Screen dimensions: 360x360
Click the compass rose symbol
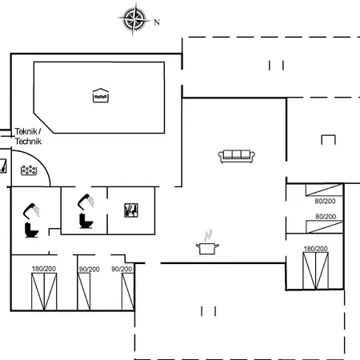134,19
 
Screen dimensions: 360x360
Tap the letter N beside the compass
157,22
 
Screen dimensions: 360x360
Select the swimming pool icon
101,95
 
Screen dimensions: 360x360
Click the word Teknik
26,131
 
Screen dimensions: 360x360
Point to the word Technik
28,141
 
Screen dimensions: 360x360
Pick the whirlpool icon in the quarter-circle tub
29,170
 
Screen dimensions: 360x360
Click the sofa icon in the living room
237,156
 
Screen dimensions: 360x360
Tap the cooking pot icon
207,248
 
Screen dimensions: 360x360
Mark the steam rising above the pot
208,235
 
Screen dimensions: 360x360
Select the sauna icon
131,210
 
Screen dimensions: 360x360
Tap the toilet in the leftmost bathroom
31,230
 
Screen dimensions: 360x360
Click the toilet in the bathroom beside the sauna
86,221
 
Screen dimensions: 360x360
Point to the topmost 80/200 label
325,201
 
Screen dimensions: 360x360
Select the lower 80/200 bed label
326,217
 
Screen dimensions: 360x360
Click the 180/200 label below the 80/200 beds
315,249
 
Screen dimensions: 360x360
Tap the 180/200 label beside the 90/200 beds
44,269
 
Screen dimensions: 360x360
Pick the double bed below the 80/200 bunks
316,270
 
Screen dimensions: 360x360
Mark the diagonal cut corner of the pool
44,123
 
